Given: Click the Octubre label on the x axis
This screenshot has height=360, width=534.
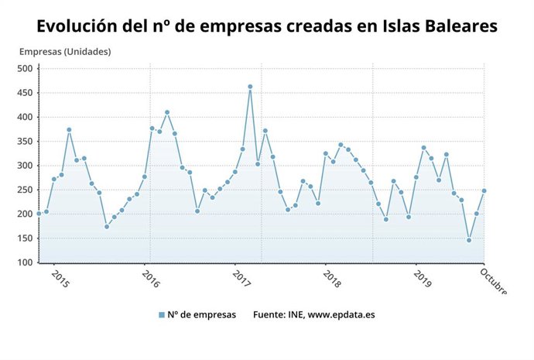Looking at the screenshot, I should click(x=494, y=281).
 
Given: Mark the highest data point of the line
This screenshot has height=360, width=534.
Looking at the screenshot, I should click(x=250, y=87).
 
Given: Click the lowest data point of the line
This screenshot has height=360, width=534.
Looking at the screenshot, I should click(x=469, y=240).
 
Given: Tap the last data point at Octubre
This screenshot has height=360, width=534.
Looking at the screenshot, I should click(x=484, y=190).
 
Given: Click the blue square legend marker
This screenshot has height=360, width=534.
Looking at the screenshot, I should click(x=162, y=315).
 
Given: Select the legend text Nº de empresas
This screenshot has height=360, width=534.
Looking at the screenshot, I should click(x=202, y=315).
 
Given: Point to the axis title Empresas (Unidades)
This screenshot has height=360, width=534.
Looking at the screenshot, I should click(x=65, y=52).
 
